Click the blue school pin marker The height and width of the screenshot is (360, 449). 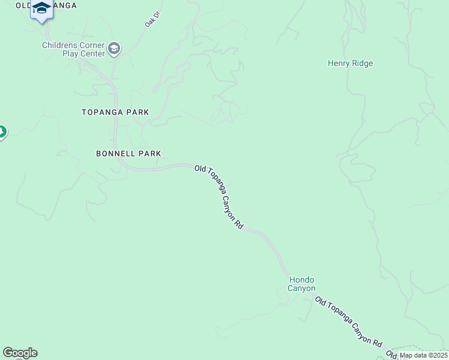[41, 10]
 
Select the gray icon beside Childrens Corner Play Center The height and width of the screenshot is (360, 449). [115, 49]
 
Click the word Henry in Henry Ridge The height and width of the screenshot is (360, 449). [339, 63]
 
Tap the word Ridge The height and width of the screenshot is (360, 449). [363, 63]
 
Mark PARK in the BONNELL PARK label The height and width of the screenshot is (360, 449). [150, 154]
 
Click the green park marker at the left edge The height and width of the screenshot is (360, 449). [2, 131]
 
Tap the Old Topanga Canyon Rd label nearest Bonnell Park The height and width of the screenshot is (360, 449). [219, 197]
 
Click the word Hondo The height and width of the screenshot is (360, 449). [302, 280]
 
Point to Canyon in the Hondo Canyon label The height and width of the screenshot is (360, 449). [301, 288]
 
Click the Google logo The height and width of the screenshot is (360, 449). [20, 353]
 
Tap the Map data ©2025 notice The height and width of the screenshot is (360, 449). [424, 355]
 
